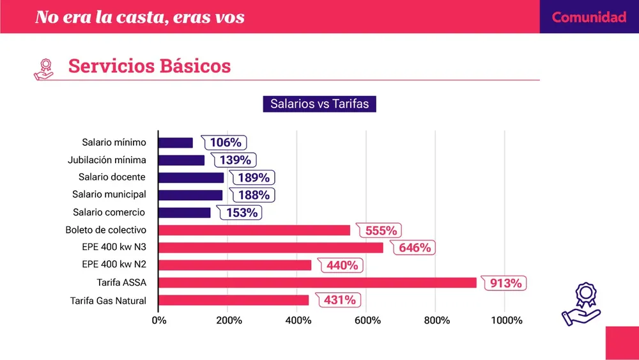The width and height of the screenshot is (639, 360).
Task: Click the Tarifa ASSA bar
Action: click(317, 283)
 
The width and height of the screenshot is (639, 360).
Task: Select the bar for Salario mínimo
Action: click(175, 143)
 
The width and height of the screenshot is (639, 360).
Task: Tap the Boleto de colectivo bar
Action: click(254, 230)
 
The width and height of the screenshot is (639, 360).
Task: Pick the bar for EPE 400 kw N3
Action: click(270, 247)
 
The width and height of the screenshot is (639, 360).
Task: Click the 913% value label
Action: click(506, 283)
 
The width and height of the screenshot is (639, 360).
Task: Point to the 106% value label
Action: click(226, 143)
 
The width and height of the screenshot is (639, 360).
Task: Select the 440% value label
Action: click(342, 265)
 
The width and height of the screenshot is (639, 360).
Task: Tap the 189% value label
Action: click(253, 178)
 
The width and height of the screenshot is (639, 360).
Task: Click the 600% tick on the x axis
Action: click(366, 320)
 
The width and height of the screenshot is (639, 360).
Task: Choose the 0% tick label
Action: click(158, 320)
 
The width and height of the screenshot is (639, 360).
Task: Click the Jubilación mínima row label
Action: click(107, 160)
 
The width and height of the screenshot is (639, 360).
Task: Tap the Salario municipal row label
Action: click(109, 194)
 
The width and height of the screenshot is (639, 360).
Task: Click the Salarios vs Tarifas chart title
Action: click(319, 104)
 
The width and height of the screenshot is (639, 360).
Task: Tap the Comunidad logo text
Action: click(589, 17)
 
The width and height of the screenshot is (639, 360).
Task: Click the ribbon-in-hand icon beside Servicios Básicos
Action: click(44, 68)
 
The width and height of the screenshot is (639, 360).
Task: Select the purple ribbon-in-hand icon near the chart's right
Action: click(580, 305)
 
